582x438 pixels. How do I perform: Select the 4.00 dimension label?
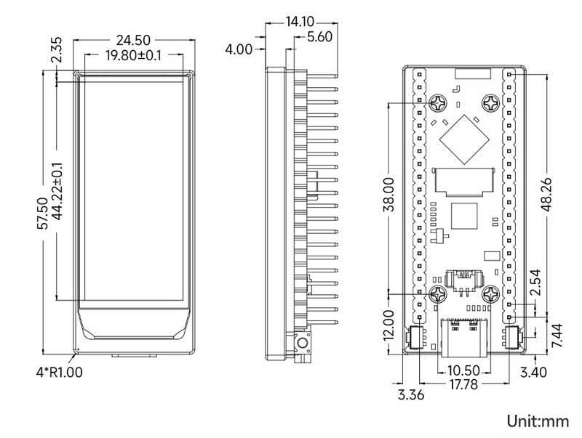pyautogui.click(x=239, y=49)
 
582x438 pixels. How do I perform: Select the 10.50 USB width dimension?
pyautogui.click(x=463, y=370)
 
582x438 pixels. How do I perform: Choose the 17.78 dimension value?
pyautogui.click(x=463, y=385)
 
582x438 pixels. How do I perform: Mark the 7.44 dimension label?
pyautogui.click(x=559, y=336)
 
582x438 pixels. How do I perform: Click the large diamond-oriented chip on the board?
pyautogui.click(x=463, y=137)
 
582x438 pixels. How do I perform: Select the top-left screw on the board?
pyautogui.click(x=438, y=103)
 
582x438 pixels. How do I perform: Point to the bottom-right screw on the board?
pyautogui.click(x=490, y=294)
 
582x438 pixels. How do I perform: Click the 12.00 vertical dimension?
pyautogui.click(x=388, y=327)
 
